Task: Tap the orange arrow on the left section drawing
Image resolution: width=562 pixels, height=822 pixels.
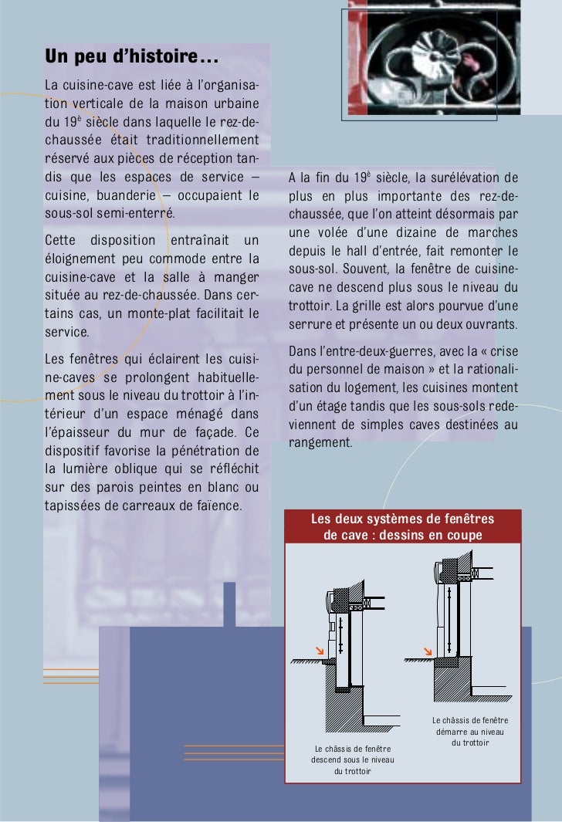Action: [321, 654]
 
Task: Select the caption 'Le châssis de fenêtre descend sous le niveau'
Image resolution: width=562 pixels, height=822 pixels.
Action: [352, 754]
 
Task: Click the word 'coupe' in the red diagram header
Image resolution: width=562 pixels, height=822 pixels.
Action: [464, 535]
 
